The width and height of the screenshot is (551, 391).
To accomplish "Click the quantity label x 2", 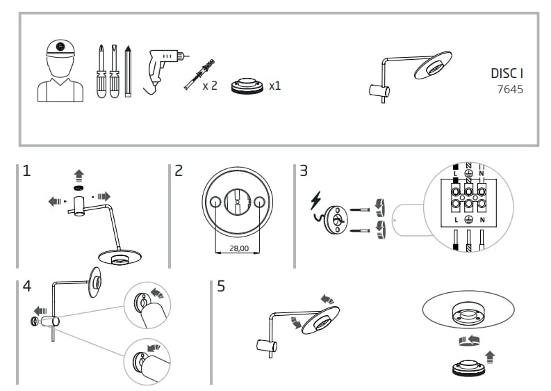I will click(210, 86).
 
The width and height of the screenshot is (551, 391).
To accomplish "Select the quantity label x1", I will click(275, 86).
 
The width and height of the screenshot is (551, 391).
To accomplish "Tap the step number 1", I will click(26, 170).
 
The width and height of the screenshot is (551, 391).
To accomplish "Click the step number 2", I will click(179, 170).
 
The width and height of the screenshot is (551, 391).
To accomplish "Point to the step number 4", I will click(26, 285).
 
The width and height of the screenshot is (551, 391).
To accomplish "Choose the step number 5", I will click(221, 286).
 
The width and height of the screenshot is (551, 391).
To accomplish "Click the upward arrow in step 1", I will click(79, 175).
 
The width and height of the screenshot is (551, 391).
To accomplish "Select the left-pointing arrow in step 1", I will click(54, 202).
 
